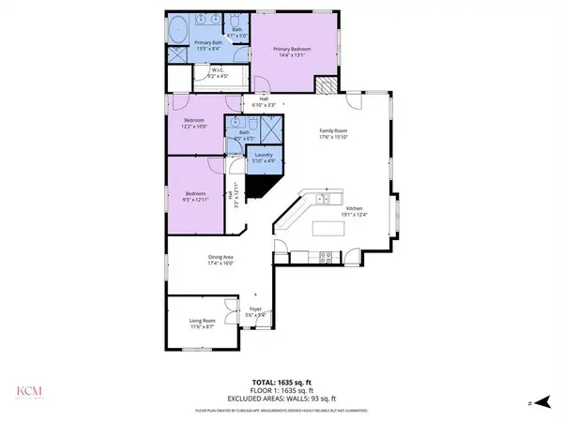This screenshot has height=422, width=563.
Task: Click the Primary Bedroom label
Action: pyautogui.click(x=292, y=49)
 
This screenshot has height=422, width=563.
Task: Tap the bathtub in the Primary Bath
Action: pyautogui.click(x=179, y=29)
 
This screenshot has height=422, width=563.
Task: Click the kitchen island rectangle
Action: pyautogui.click(x=327, y=227)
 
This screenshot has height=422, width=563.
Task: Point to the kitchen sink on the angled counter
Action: pyautogui.click(x=323, y=199)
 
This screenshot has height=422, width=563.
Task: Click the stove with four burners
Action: pyautogui.click(x=326, y=255)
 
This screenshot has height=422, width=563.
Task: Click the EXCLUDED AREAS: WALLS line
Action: pyautogui.click(x=281, y=399)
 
